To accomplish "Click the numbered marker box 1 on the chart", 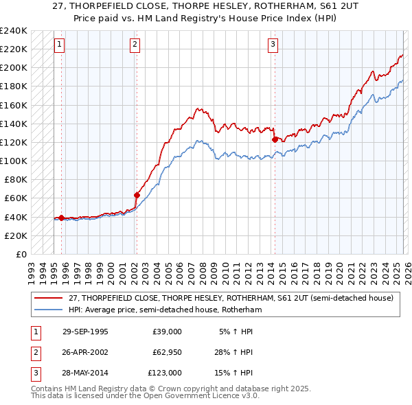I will [x=60, y=45].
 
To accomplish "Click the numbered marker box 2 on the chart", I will [x=135, y=45].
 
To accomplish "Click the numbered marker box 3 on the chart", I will [x=273, y=45].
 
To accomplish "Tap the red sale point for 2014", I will [x=275, y=139].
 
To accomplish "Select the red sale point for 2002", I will [x=137, y=195].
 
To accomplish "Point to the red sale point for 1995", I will [x=62, y=218].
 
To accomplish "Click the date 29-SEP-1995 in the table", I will [x=85, y=332].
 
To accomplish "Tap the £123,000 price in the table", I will [x=165, y=373].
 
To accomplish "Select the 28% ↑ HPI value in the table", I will [x=233, y=352].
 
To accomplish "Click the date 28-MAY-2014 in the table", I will [x=85, y=373].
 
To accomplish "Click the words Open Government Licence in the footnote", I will [x=198, y=396].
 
